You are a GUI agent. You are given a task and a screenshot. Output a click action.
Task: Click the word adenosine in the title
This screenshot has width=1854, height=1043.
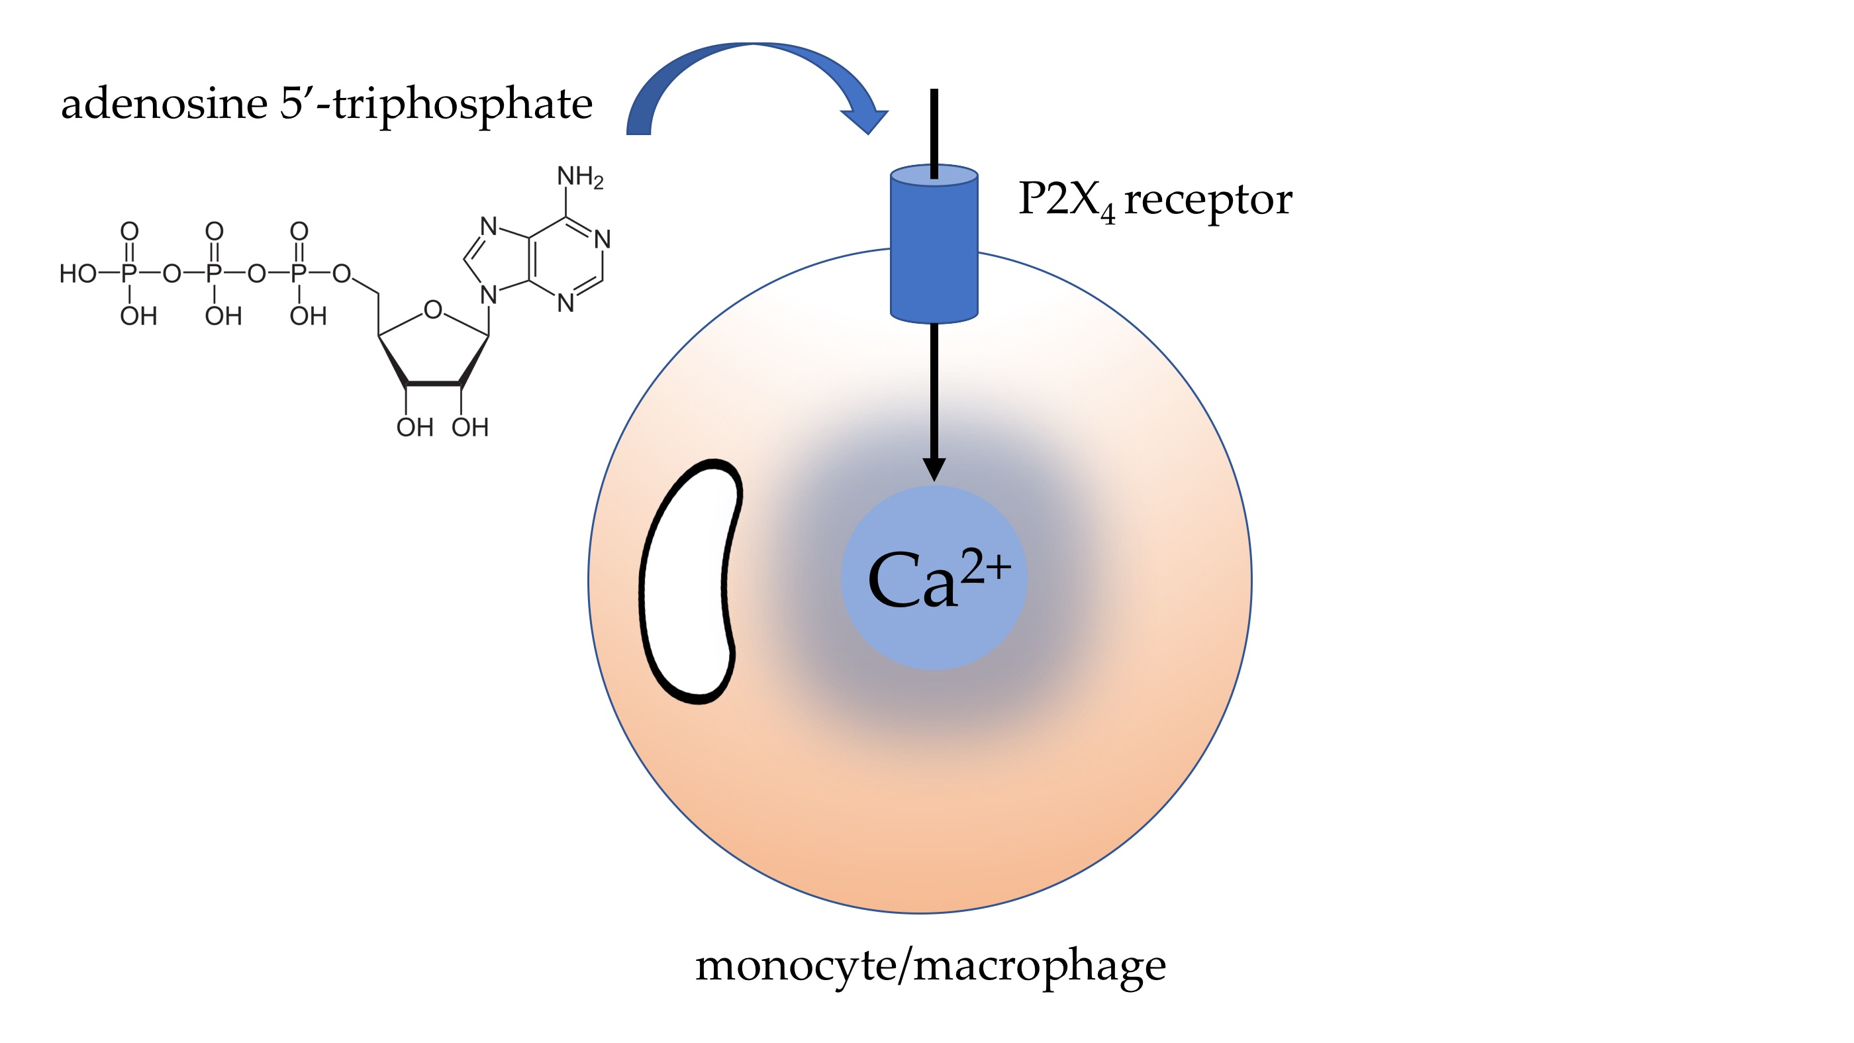pyautogui.click(x=164, y=105)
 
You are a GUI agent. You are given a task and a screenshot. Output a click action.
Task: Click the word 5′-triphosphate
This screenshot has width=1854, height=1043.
pyautogui.click(x=436, y=105)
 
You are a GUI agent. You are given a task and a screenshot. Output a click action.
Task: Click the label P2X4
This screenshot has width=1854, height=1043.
pyautogui.click(x=1066, y=199)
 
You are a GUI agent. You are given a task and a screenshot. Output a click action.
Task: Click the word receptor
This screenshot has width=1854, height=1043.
pyautogui.click(x=1208, y=199)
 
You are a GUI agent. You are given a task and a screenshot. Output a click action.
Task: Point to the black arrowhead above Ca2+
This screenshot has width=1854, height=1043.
pyautogui.click(x=934, y=470)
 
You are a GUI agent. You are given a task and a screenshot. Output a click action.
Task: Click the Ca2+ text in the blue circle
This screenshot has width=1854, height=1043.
pyautogui.click(x=936, y=579)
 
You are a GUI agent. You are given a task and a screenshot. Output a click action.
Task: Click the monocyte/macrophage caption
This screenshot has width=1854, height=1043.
pyautogui.click(x=930, y=966)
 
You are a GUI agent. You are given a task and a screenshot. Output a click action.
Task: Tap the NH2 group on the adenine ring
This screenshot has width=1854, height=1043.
pyautogui.click(x=579, y=176)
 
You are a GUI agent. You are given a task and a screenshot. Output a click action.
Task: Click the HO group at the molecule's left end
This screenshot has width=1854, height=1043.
pyautogui.click(x=77, y=273)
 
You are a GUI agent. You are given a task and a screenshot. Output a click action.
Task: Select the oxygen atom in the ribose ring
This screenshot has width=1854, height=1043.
pyautogui.click(x=432, y=310)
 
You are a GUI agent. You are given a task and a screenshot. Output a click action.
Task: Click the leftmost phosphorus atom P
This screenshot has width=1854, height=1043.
pyautogui.click(x=129, y=273)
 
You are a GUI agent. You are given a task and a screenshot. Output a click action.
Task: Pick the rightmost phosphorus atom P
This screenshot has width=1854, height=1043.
pyautogui.click(x=299, y=273)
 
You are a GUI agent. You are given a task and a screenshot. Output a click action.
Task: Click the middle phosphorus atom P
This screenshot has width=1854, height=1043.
pyautogui.click(x=214, y=273)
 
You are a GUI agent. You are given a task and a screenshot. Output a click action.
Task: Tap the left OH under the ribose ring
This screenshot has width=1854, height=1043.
pyautogui.click(x=414, y=428)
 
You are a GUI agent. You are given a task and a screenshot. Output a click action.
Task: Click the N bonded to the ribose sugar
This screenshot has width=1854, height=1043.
pyautogui.click(x=489, y=295)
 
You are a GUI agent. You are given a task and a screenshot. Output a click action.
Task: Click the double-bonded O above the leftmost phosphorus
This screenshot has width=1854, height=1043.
pyautogui.click(x=129, y=231)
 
